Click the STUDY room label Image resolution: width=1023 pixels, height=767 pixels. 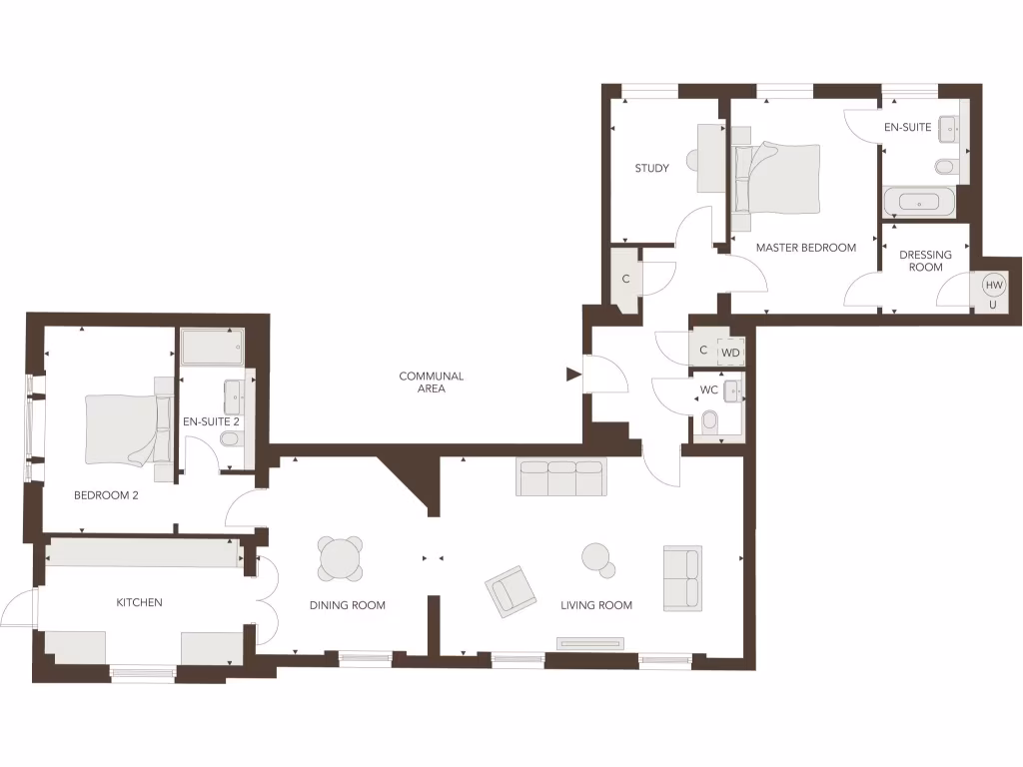[x=651, y=168]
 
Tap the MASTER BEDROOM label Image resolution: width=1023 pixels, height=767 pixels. [x=805, y=248]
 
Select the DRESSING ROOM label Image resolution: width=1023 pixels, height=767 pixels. [x=925, y=261]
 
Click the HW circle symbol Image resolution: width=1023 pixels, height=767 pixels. [x=993, y=286]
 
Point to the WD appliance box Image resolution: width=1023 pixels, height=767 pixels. [x=731, y=352]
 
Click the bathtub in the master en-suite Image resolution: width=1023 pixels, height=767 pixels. [x=919, y=203]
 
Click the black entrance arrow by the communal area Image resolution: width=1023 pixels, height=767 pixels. [x=573, y=375]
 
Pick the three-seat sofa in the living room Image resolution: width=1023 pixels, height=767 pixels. [x=560, y=478]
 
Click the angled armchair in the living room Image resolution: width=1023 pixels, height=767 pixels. [x=511, y=590]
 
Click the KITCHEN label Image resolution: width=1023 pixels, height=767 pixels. [x=139, y=602]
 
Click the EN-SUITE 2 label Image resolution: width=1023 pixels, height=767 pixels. [x=211, y=422]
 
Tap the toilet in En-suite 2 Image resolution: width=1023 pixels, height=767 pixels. [x=230, y=464]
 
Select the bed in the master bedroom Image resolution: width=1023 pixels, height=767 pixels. [x=775, y=178]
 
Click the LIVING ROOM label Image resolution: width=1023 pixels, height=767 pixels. [x=595, y=605]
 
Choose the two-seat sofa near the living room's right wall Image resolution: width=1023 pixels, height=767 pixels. [x=682, y=577]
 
